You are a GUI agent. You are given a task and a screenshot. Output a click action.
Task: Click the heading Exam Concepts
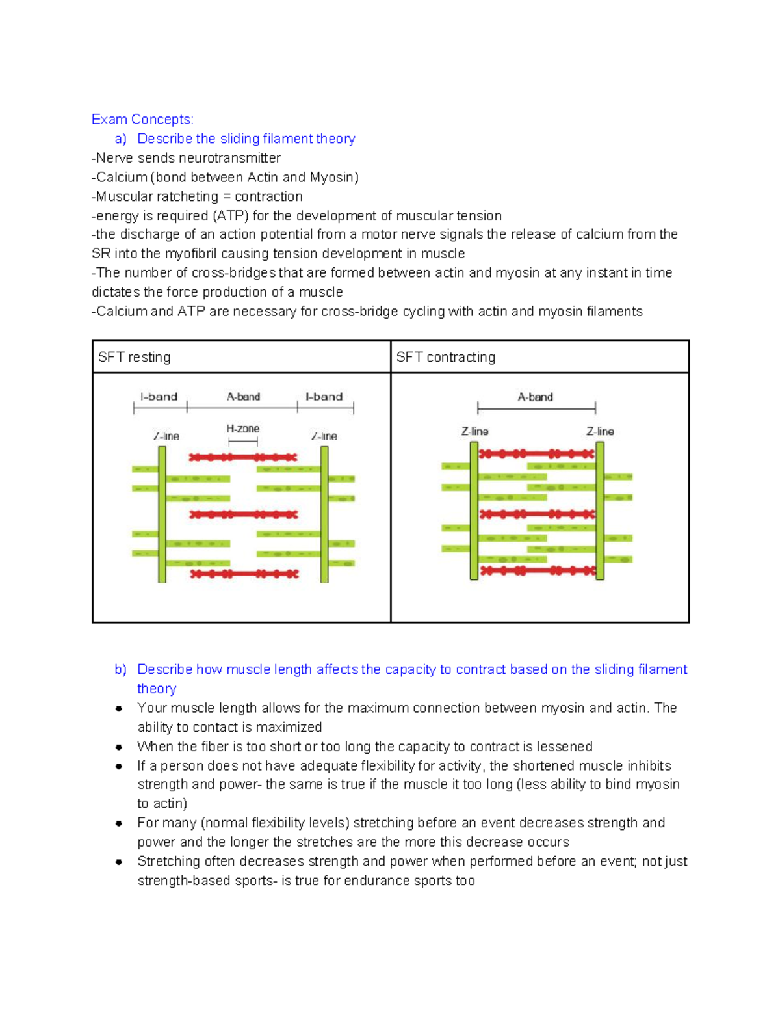(x=142, y=120)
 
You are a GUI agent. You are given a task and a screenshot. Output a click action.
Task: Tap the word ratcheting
(x=187, y=196)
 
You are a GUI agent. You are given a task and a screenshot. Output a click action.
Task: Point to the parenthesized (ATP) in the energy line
(x=230, y=216)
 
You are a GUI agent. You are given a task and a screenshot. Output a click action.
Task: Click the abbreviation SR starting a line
(x=101, y=254)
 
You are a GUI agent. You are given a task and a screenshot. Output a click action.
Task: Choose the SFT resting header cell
(x=241, y=357)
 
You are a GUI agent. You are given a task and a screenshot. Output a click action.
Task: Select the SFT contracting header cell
(x=539, y=357)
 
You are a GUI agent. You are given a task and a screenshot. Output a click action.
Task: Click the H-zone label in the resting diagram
(x=243, y=429)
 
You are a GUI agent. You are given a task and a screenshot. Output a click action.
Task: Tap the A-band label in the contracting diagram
(x=535, y=397)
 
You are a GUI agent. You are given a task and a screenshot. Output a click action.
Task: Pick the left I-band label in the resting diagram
(x=159, y=397)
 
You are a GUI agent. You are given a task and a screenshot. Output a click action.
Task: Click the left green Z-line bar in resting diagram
(x=162, y=514)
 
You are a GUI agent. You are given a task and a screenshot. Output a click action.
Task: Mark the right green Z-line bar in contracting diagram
(x=600, y=511)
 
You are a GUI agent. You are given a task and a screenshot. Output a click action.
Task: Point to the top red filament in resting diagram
(x=243, y=458)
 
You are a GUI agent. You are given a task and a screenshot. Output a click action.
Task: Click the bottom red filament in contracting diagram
(x=537, y=571)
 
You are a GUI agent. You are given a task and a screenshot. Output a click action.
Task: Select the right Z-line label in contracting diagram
(x=600, y=432)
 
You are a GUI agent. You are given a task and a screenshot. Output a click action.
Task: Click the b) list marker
(x=120, y=670)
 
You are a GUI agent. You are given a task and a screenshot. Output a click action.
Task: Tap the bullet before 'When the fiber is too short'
(x=119, y=747)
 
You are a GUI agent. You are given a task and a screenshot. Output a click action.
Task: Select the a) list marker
(x=120, y=139)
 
